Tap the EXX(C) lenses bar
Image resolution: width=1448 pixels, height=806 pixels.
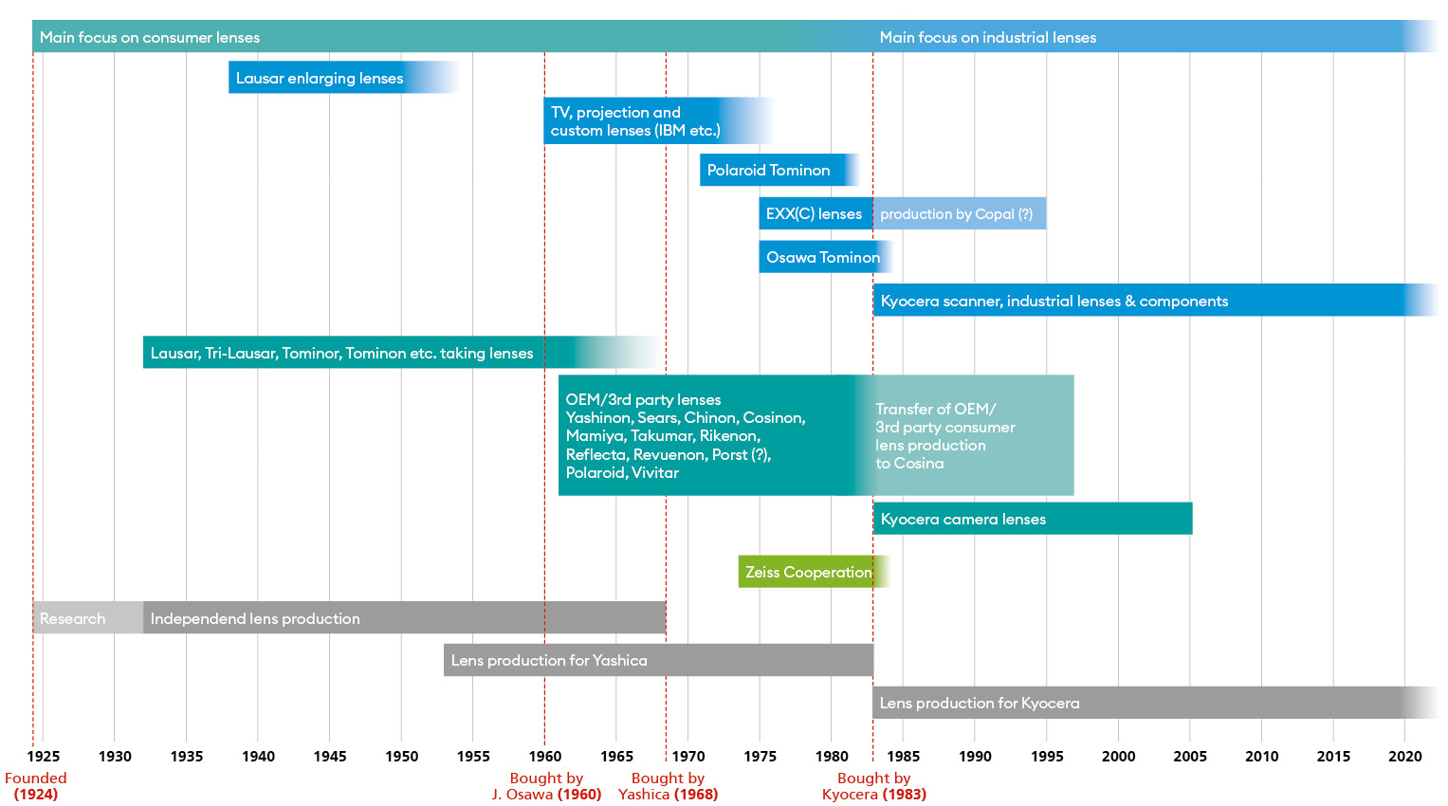tap(815, 213)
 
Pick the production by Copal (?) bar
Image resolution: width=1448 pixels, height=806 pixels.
tap(958, 213)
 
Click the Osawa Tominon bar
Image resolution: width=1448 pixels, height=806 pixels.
tap(821, 257)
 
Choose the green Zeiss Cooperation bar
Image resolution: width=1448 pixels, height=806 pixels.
tap(809, 572)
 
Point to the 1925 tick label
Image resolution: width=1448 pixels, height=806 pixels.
tap(44, 756)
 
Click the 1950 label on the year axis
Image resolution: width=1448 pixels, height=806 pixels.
tap(402, 756)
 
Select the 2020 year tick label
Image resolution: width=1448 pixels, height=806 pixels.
tap(1405, 756)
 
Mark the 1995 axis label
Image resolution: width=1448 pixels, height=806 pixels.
tap(1047, 756)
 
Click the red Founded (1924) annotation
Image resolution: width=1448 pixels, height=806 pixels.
tap(36, 786)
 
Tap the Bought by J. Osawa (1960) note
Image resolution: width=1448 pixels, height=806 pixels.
tap(546, 786)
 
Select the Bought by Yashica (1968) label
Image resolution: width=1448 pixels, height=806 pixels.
tap(668, 786)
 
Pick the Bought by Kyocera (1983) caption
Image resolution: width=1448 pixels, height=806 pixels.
tap(873, 786)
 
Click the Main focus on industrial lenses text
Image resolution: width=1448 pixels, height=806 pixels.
tap(987, 37)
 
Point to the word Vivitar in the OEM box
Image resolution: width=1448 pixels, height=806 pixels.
tap(654, 472)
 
